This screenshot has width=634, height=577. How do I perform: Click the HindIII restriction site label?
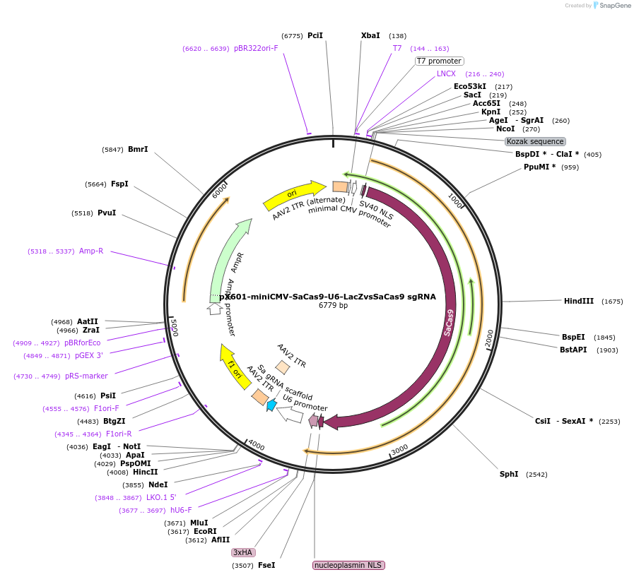coord(578,301)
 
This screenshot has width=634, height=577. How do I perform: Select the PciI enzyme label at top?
coord(315,35)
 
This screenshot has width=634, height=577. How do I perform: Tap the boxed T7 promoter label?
coord(439,61)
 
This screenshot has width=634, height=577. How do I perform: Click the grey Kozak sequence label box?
coord(535,141)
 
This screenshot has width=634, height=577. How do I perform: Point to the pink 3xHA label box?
coord(242,552)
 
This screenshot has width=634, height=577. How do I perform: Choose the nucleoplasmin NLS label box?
coord(348,565)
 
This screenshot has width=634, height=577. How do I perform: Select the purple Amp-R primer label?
coord(90,251)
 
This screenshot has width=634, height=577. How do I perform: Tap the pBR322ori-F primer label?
coord(256,48)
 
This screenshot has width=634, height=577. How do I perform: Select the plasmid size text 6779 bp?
coord(333,306)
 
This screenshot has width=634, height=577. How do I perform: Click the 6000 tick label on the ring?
coord(220,189)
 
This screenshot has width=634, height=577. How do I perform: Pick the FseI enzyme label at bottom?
coord(266,565)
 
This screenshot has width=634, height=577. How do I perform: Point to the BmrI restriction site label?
coord(138,149)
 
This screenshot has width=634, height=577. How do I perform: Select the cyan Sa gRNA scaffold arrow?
coord(271,405)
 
